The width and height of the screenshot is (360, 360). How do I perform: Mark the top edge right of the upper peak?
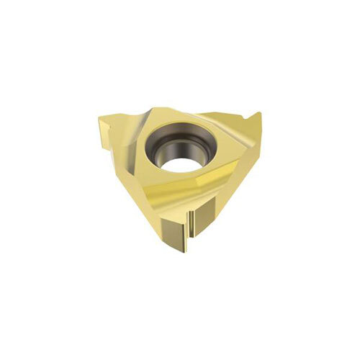pos(209,115)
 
